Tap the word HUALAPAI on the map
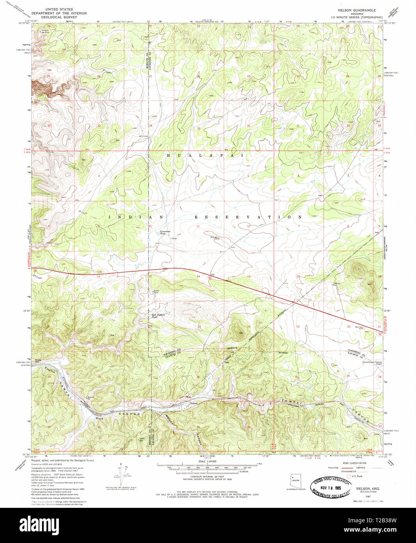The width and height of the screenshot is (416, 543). click(205, 155)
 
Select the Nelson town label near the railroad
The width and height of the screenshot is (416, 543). click(194, 403)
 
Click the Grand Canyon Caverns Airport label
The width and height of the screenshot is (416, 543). click(372, 363)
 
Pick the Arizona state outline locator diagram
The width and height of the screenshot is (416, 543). click(295, 480)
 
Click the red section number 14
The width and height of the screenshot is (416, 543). click(198, 277)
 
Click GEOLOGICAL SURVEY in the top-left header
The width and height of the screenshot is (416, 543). click(59, 17)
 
